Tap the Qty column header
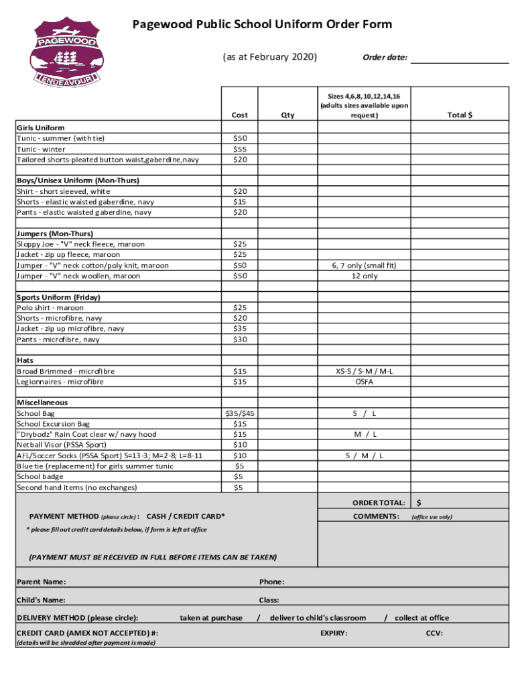tap(287, 115)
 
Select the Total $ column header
tap(460, 115)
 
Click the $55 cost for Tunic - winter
tap(239, 149)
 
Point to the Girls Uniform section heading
tap(41, 127)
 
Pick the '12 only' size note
tap(364, 276)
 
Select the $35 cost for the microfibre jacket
tap(239, 329)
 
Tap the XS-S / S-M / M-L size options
tap(364, 371)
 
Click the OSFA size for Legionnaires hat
tap(364, 382)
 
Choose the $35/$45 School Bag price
tap(239, 413)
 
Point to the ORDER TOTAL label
tap(379, 503)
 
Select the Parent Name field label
tap(42, 582)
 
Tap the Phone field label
tap(271, 582)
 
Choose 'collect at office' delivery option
tap(422, 618)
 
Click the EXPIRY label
tap(334, 633)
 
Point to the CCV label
tap(434, 633)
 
